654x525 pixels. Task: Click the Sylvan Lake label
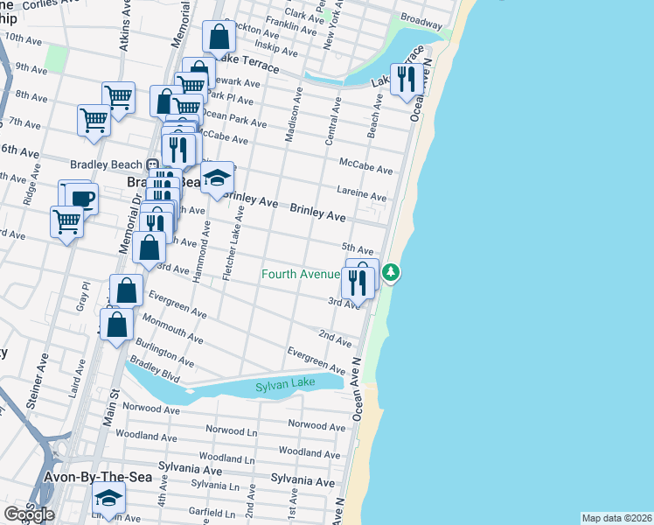[284, 387]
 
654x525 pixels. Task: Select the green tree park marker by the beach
[391, 273]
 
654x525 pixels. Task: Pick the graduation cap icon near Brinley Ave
[216, 178]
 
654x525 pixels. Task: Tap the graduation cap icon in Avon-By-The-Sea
[108, 498]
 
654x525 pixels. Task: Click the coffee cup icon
[82, 198]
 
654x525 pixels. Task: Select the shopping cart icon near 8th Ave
[118, 97]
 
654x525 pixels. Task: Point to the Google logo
[29, 514]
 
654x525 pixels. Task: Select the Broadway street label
[421, 17]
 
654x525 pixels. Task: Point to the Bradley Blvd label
[155, 371]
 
